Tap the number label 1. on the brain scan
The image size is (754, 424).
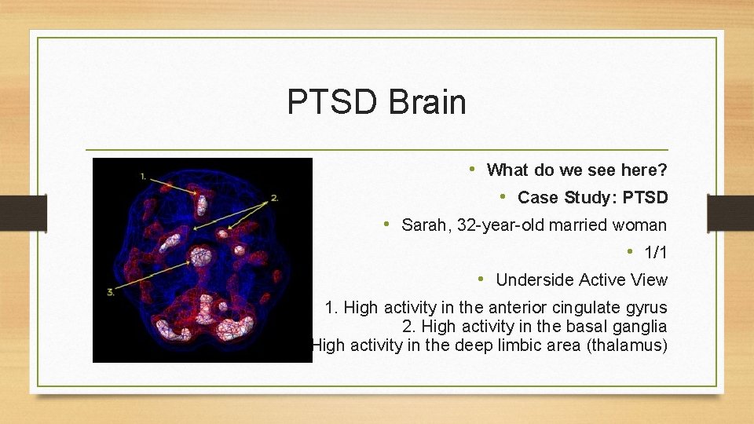(x=143, y=177)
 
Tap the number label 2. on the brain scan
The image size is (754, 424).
(x=274, y=198)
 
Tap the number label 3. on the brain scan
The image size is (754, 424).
(x=111, y=292)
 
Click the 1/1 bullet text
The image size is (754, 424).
(x=655, y=253)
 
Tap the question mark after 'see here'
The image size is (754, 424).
(x=664, y=170)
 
